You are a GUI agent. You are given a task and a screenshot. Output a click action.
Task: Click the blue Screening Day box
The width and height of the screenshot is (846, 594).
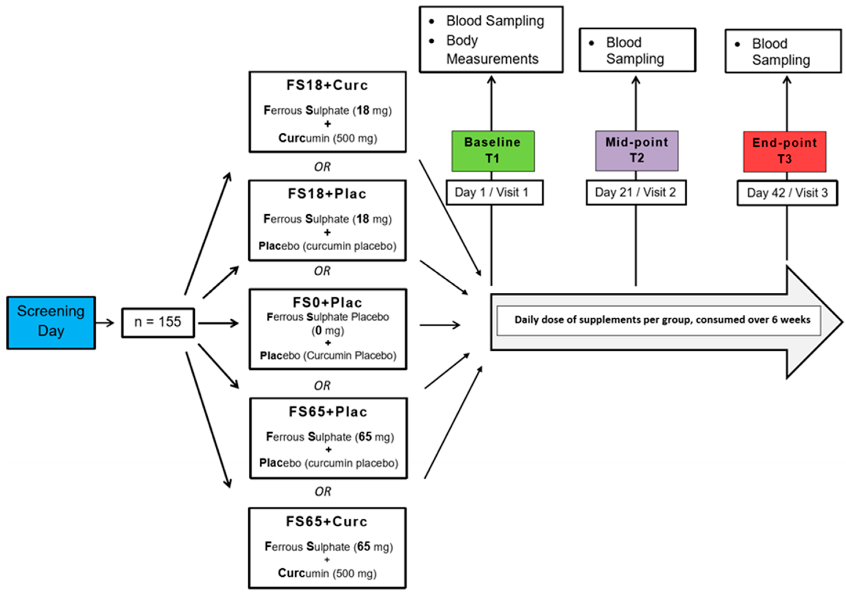(x=51, y=323)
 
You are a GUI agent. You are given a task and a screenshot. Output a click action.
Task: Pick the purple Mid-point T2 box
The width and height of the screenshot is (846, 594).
(x=636, y=150)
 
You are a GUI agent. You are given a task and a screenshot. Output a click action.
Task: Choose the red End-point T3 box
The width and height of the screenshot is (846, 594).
(x=785, y=151)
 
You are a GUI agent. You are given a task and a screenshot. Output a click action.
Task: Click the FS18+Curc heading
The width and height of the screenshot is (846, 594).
(x=327, y=85)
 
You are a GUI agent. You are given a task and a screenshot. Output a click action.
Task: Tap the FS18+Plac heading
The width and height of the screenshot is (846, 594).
(x=327, y=194)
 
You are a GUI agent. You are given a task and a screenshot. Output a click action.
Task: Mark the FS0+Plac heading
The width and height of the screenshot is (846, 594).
(x=327, y=303)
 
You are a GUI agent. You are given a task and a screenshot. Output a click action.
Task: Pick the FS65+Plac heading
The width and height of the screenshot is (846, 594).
(x=328, y=412)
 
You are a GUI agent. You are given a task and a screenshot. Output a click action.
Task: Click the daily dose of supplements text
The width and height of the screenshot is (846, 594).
(x=662, y=320)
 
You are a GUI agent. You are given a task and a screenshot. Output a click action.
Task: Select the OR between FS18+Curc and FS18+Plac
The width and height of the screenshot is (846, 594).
(x=322, y=167)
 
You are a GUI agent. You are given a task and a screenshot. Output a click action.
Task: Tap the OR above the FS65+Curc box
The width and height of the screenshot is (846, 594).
(x=323, y=492)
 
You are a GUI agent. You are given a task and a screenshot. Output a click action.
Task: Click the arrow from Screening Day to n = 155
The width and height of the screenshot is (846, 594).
(x=105, y=323)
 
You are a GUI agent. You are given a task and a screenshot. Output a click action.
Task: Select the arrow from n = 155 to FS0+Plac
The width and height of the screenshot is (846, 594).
(x=218, y=323)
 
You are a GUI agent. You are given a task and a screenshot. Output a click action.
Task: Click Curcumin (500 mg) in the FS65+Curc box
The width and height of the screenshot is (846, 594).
(x=327, y=573)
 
